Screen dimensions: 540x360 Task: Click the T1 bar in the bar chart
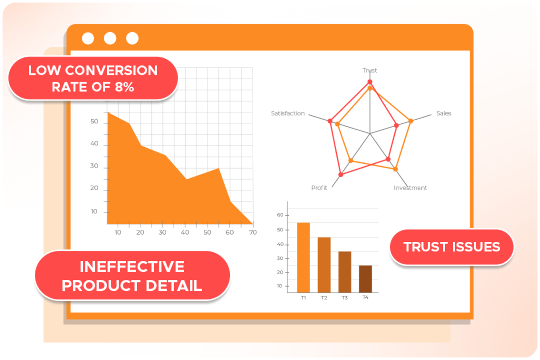click(x=303, y=257)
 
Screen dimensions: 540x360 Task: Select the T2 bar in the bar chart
click(x=324, y=265)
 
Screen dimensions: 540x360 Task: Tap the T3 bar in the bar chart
click(x=345, y=272)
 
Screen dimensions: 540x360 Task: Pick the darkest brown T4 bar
click(x=365, y=279)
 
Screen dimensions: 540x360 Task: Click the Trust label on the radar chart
click(x=370, y=70)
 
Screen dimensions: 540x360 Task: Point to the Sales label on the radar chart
click(x=443, y=113)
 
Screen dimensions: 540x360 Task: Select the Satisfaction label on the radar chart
click(x=288, y=113)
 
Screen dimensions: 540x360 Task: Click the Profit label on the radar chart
click(x=319, y=188)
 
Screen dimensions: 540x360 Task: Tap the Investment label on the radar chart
click(x=410, y=188)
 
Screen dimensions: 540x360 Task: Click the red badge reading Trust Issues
click(x=452, y=247)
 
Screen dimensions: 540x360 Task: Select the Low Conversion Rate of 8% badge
click(x=93, y=79)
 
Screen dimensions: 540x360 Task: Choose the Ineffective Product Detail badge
click(x=132, y=276)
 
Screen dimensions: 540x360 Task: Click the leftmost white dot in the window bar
click(x=88, y=38)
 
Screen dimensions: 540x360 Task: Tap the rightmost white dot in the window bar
click(x=132, y=38)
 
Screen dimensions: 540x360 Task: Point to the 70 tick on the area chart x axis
click(x=253, y=232)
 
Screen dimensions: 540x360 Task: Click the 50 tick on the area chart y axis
click(x=94, y=121)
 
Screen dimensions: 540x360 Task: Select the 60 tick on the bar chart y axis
click(x=280, y=215)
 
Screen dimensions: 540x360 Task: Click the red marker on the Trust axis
click(x=370, y=82)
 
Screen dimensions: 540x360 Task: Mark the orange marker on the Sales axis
click(x=410, y=121)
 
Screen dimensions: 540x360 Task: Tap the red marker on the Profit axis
click(x=341, y=175)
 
